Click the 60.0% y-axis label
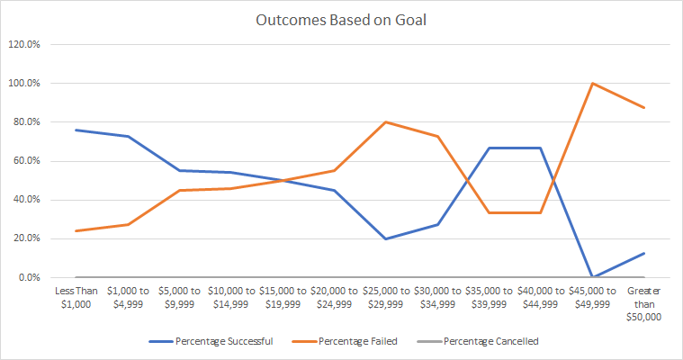tap(22, 161)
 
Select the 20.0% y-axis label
tap(22, 238)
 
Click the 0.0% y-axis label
tap(24, 277)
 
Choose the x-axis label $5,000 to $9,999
tap(178, 297)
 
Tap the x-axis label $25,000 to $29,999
tap(386, 297)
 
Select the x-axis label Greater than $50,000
tap(644, 303)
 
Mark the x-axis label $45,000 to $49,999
tap(593, 297)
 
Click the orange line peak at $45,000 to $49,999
tap(593, 83)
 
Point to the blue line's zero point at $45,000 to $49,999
tap(593, 277)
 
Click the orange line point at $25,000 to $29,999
tap(386, 121)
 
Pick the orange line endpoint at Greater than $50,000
tap(644, 107)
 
